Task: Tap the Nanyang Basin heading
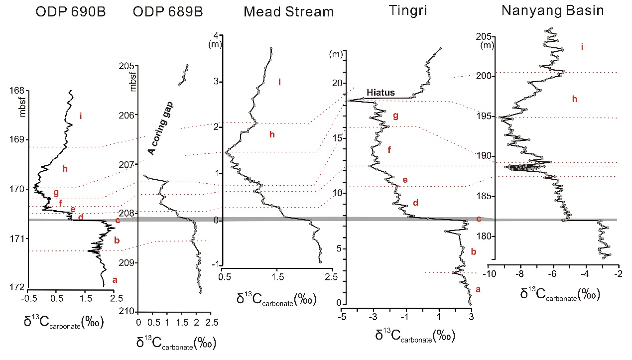[552, 10]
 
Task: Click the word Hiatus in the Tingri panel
[380, 93]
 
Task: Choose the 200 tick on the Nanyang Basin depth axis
[482, 76]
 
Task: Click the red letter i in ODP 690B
[80, 116]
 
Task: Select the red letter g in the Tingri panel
[395, 116]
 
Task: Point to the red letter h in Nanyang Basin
[574, 100]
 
